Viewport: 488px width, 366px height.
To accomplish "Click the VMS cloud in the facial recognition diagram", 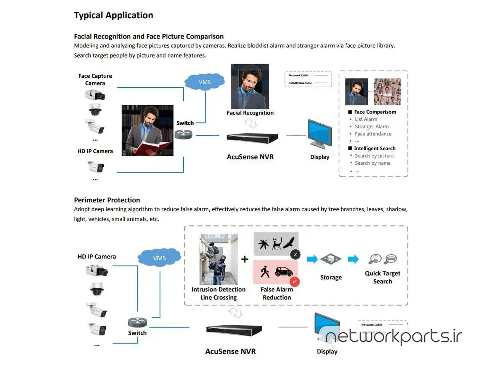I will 205,82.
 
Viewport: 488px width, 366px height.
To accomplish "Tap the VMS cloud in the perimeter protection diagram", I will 159,258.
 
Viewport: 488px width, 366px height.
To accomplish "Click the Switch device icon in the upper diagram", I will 183,134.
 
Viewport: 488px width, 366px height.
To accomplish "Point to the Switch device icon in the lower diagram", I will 137,322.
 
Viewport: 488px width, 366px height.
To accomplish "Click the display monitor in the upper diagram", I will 319,133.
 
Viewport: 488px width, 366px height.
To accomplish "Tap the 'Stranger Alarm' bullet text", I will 372,127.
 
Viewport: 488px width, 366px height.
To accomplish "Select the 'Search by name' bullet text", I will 372,163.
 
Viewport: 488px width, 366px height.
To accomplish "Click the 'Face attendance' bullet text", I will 373,134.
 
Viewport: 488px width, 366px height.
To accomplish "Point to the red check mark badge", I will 295,282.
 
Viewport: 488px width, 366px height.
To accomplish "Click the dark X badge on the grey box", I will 295,254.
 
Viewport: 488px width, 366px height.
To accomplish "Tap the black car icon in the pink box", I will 284,271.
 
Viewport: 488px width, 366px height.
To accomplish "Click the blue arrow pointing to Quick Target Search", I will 353,259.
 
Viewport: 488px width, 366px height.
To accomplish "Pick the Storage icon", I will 331,259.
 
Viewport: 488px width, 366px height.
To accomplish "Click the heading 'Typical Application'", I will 114,15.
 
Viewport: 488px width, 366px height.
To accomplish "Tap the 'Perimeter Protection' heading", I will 107,200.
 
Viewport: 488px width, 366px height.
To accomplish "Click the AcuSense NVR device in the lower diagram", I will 234,329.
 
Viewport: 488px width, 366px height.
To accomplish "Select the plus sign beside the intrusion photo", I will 245,259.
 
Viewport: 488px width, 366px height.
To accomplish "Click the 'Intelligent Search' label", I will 374,148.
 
